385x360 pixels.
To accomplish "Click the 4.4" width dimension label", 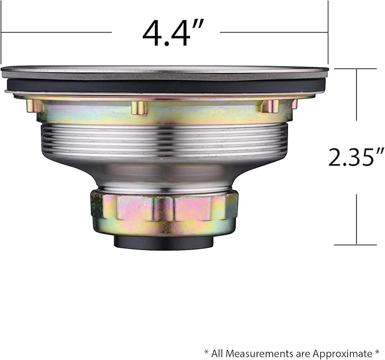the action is (173, 33).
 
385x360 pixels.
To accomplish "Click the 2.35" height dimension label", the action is (356, 157).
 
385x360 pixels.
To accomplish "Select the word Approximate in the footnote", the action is (342, 354).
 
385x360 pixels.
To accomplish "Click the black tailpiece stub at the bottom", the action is (163, 243).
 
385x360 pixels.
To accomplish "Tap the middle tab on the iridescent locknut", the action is (139, 108).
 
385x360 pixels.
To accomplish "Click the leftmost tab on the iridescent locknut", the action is (34, 105).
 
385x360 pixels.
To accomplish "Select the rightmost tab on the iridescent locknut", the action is (269, 106).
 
